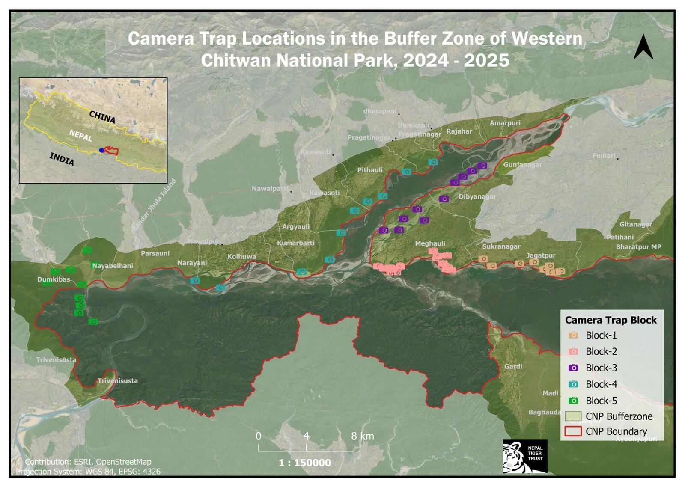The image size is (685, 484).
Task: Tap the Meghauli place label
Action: (430, 243)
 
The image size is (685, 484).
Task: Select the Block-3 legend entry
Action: (601, 368)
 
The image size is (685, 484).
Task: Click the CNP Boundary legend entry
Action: (616, 431)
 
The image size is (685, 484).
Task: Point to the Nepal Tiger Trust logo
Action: (525, 457)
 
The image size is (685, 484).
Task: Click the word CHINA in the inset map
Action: (102, 117)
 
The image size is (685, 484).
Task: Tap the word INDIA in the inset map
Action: (62, 159)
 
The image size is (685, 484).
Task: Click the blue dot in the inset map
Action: (101, 150)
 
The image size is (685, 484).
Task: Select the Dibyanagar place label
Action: (477, 197)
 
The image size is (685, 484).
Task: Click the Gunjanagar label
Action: (522, 165)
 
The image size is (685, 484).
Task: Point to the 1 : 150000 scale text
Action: (304, 463)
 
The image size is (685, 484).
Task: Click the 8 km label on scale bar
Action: (362, 436)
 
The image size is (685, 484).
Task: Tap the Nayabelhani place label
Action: (112, 266)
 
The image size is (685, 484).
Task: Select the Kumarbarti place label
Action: (295, 243)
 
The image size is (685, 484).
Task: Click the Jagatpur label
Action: (541, 255)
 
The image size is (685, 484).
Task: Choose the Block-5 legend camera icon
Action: (573, 401)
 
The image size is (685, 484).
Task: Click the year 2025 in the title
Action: (486, 60)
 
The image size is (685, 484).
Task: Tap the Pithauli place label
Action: (370, 170)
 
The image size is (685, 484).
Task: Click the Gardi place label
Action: (513, 367)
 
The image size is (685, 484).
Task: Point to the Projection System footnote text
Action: (88, 472)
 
